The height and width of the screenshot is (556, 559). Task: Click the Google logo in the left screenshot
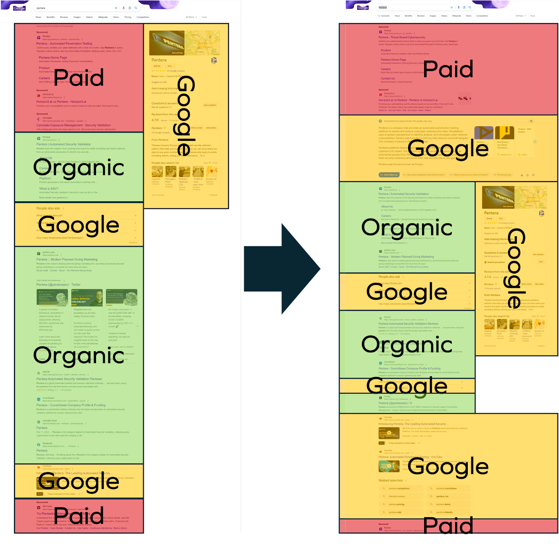pos(20,8)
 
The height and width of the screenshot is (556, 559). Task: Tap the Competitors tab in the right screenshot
pos(482,16)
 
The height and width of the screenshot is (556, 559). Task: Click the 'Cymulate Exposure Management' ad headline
pos(73,125)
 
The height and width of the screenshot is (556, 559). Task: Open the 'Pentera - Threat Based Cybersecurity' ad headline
pos(402,37)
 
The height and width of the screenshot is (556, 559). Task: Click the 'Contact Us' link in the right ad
pos(388,79)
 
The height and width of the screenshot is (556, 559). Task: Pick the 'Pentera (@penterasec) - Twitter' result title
pos(58,285)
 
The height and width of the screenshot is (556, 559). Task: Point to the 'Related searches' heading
pos(390,481)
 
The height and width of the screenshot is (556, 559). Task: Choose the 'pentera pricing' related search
pos(397,504)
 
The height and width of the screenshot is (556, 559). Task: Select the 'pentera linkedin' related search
pos(444,512)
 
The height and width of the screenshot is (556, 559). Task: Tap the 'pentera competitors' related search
pos(399,489)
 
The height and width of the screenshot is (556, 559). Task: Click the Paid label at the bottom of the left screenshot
pos(79,515)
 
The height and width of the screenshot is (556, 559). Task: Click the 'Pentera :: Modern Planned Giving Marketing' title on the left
pos(67,260)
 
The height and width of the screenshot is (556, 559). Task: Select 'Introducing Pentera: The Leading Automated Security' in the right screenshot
pos(412,424)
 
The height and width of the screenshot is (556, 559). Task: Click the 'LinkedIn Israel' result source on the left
pos(49,421)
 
